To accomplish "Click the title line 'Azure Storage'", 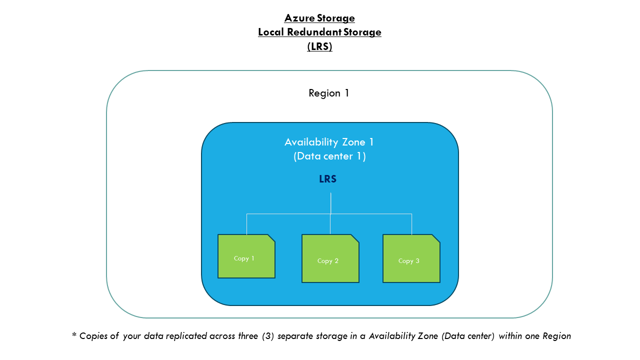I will click(319, 18).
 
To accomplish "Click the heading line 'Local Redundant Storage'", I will click(319, 32).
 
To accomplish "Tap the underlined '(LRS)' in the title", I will click(319, 46).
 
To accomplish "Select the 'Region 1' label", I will click(328, 93).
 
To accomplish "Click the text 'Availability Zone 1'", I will click(329, 142).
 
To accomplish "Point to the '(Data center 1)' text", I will click(329, 156).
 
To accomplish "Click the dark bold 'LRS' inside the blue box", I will click(328, 179).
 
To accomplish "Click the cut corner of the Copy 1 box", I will click(271, 238).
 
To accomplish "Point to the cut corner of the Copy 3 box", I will click(436, 238).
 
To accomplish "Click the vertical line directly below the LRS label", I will click(330, 202).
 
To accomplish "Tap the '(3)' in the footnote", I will click(267, 336).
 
